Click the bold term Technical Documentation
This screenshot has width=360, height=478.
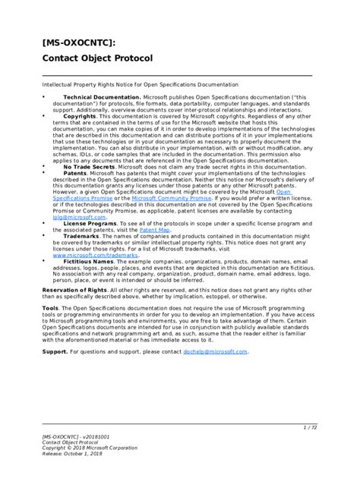101,98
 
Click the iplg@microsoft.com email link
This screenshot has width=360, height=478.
74,217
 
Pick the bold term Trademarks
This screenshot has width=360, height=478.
83,237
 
